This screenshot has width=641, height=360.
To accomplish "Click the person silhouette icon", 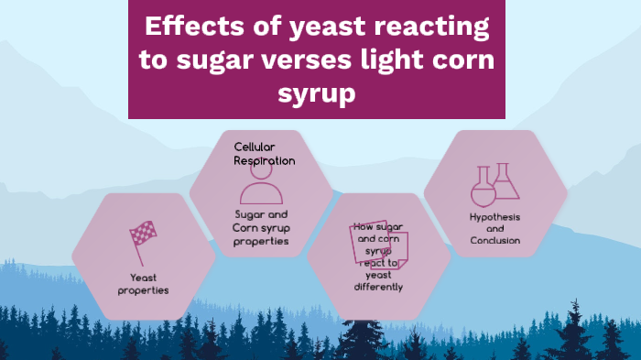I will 261,187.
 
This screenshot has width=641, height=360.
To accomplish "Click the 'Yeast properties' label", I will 143,284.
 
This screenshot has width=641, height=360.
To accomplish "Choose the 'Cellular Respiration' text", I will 265,153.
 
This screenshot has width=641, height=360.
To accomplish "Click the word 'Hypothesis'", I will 495,217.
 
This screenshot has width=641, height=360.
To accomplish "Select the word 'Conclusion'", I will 495,240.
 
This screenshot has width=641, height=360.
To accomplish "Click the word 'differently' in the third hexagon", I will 378,287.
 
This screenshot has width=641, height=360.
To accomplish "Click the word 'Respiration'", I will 265,160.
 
